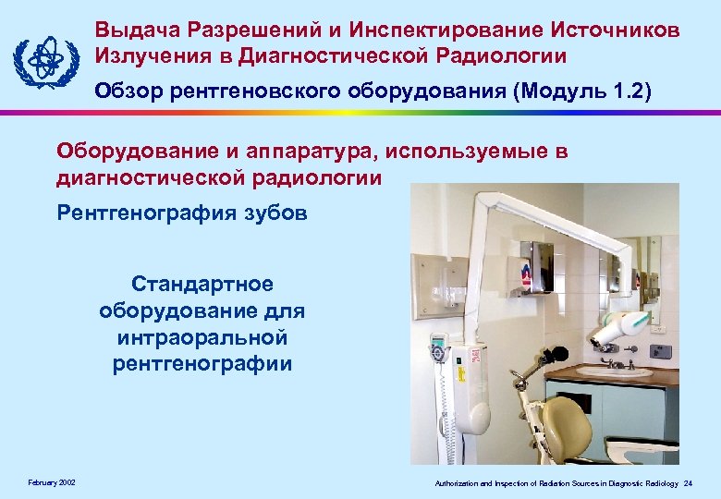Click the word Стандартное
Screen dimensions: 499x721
click(202, 283)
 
